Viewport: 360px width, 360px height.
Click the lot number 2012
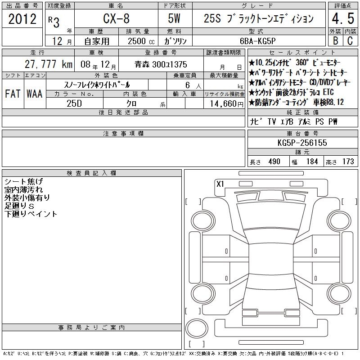[x=22, y=19]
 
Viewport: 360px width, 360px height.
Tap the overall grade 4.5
[x=343, y=18]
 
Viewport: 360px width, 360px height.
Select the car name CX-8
[x=116, y=18]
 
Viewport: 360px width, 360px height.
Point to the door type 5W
[x=174, y=18]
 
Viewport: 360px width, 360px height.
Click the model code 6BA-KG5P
[x=257, y=41]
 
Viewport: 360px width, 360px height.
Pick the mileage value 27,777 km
[x=49, y=64]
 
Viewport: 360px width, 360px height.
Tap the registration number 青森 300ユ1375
[x=161, y=64]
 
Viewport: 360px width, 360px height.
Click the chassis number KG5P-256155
[x=302, y=143]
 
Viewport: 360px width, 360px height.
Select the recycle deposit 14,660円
[x=226, y=103]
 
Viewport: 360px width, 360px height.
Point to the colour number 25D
[x=74, y=103]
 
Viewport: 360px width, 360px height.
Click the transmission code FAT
[x=13, y=94]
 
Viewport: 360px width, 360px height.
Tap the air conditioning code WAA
[x=35, y=94]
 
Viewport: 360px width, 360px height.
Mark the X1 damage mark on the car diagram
[x=220, y=184]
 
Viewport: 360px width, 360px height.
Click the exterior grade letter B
[x=335, y=40]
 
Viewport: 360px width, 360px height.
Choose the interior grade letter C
[x=350, y=40]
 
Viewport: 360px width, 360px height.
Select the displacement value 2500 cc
[x=141, y=41]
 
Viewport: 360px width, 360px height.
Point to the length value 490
[x=274, y=162]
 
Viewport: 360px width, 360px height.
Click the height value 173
[x=348, y=162]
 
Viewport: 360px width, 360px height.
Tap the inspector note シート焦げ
[x=24, y=181]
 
